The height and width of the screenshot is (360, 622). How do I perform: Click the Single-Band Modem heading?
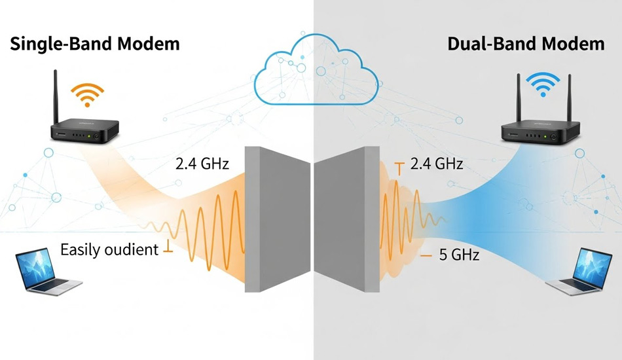tap(95, 45)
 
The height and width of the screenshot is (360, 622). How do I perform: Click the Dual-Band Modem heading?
tap(526, 45)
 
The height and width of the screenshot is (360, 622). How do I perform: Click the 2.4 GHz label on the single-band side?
tap(202, 164)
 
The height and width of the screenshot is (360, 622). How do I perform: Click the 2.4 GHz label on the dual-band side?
tap(436, 164)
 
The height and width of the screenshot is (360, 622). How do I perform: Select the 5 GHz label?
tap(460, 255)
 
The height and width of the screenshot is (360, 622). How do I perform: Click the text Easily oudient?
tap(109, 249)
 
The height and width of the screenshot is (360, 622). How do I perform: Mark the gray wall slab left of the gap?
tap(275, 219)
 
